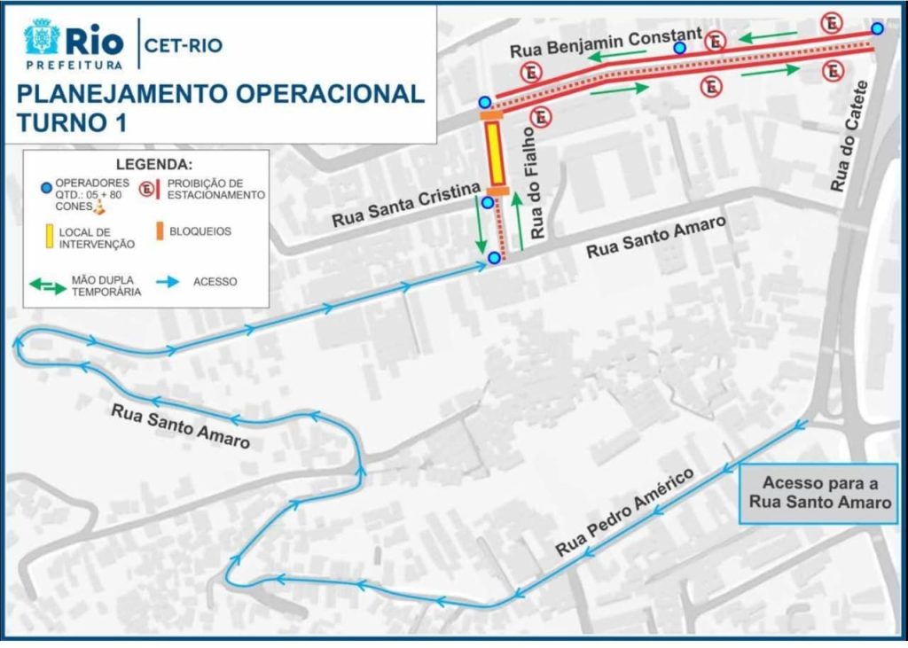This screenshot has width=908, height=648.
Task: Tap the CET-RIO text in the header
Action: pyautogui.click(x=183, y=44)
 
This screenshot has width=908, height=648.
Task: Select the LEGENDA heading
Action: pyautogui.click(x=153, y=164)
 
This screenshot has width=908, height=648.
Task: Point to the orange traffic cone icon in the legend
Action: pyautogui.click(x=100, y=207)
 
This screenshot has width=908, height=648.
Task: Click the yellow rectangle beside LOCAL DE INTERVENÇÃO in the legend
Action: pyautogui.click(x=45, y=237)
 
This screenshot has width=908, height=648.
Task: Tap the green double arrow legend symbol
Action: pyautogui.click(x=48, y=285)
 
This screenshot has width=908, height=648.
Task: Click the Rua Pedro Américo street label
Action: pyautogui.click(x=623, y=512)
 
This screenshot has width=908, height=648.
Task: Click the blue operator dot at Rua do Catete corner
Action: pyautogui.click(x=877, y=28)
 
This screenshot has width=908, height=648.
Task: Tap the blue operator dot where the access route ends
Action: pyautogui.click(x=494, y=258)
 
